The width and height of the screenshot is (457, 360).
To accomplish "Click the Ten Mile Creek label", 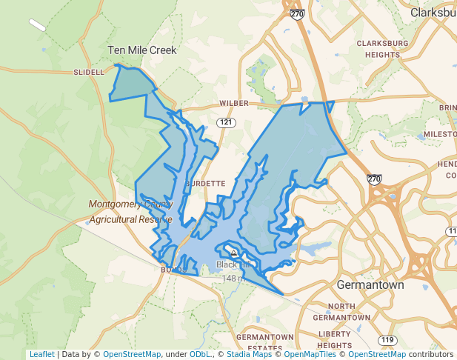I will click(x=142, y=50).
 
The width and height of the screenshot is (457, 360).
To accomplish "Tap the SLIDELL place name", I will click(x=89, y=73).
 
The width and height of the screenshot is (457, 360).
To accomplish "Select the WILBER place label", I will click(x=234, y=104).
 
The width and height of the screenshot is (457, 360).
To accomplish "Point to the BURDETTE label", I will click(x=204, y=183).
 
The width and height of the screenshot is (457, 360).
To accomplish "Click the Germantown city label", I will click(x=370, y=285).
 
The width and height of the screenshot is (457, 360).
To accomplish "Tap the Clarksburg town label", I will click(x=434, y=13).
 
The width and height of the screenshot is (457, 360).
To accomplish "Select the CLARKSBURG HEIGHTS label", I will click(x=382, y=49).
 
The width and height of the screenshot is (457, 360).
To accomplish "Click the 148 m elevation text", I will click(x=233, y=278).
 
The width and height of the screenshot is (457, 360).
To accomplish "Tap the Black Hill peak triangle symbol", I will click(x=234, y=253).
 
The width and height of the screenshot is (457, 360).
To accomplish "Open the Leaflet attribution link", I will click(x=41, y=354).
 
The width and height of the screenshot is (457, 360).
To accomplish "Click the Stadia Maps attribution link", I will click(x=247, y=354).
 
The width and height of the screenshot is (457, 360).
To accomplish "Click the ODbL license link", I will click(x=201, y=354).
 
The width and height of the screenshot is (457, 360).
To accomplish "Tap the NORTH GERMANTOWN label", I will click(x=342, y=312).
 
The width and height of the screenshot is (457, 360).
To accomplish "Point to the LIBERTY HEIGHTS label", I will click(x=335, y=340).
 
